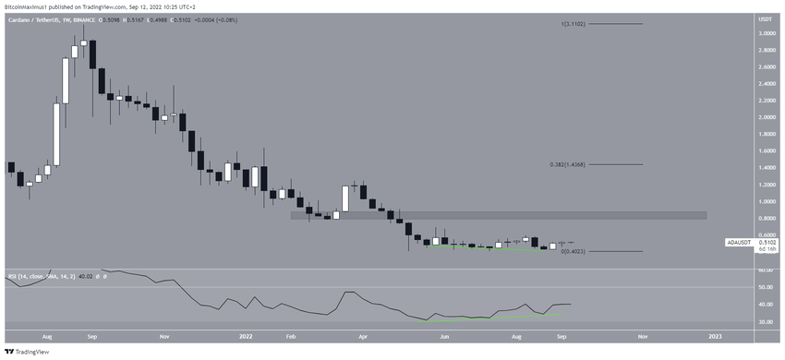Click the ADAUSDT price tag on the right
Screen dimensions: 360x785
[x=740, y=242]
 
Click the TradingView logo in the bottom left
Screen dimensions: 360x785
[x=27, y=352]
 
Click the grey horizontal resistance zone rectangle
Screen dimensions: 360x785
[x=499, y=216]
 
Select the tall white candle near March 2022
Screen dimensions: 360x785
[x=346, y=198]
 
